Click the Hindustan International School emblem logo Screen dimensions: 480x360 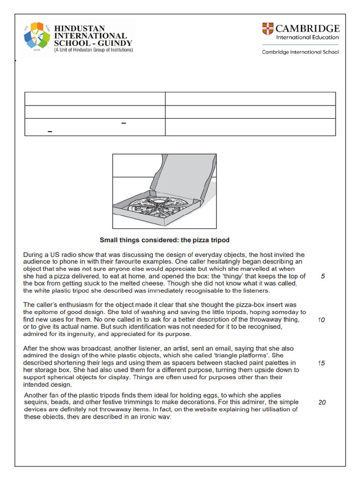pos(36,36)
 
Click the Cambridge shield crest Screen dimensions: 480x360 pos(268,29)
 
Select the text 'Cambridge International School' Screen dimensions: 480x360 pos(300,52)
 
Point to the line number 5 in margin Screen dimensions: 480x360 pos(322,276)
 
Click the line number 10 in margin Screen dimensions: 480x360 pos(322,320)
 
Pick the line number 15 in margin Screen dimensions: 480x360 pos(322,363)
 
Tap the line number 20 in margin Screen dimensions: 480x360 pos(322,402)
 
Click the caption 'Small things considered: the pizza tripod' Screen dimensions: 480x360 pos(164,240)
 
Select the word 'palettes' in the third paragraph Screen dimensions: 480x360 pos(273,363)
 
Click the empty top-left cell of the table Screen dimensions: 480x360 pos(95,98)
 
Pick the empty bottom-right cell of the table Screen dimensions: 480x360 pos(250,127)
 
